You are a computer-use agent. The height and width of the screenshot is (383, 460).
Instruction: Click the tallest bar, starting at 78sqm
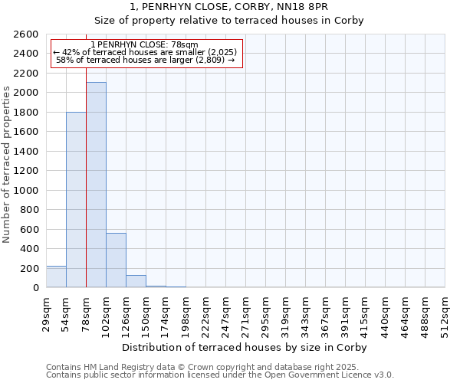[96, 185]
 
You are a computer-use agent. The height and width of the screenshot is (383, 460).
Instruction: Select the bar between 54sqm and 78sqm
[76, 200]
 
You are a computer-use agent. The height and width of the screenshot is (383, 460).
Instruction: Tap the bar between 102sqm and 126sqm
[116, 260]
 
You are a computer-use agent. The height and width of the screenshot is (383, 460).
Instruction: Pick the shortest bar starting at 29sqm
[56, 277]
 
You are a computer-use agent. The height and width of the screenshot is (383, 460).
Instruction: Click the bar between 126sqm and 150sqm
[136, 281]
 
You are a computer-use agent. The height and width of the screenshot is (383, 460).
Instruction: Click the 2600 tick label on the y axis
[26, 34]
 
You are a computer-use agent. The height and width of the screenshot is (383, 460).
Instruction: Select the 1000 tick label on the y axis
[26, 190]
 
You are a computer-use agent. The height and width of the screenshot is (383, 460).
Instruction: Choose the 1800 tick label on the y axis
[26, 113]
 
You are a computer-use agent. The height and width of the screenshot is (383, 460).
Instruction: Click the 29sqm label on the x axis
[46, 313]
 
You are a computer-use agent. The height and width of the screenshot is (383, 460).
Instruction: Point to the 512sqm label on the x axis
[445, 313]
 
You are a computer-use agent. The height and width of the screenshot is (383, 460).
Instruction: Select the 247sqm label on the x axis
[225, 313]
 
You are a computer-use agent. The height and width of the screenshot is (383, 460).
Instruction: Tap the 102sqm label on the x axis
[106, 313]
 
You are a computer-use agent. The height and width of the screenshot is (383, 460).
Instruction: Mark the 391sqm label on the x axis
[345, 313]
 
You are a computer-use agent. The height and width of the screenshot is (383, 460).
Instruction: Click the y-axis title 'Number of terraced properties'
[7, 165]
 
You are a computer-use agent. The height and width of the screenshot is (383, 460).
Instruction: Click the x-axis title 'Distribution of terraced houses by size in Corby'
[245, 347]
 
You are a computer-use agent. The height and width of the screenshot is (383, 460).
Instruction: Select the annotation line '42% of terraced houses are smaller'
[146, 52]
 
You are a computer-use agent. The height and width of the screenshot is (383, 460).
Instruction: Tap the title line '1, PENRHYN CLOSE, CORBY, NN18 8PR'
[229, 6]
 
